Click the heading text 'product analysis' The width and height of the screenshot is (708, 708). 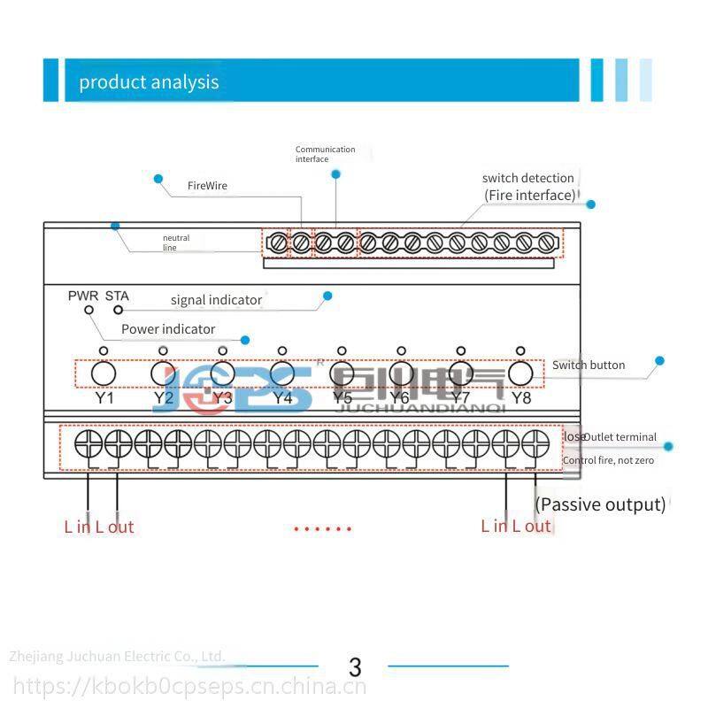pyautogui.click(x=149, y=82)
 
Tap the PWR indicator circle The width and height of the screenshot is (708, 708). pyautogui.click(x=88, y=310)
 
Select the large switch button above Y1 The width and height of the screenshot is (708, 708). pyautogui.click(x=104, y=373)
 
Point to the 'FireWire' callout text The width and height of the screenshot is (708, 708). pyautogui.click(x=207, y=186)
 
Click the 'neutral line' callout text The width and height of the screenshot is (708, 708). pyautogui.click(x=175, y=242)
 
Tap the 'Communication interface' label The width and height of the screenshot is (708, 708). pyautogui.click(x=325, y=154)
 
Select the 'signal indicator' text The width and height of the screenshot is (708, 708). pyautogui.click(x=216, y=300)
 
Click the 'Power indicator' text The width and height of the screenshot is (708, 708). pyautogui.click(x=168, y=329)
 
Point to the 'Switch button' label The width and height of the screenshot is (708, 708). pyautogui.click(x=589, y=365)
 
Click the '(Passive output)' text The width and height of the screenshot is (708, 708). pyautogui.click(x=600, y=504)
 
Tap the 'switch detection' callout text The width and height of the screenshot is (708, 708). pyautogui.click(x=528, y=178)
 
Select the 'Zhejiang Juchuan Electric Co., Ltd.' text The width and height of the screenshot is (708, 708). pyautogui.click(x=117, y=657)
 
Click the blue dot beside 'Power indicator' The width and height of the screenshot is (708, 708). pyautogui.click(x=245, y=340)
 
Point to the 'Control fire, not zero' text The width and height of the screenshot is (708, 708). pyautogui.click(x=608, y=460)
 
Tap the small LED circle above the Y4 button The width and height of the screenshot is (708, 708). pyautogui.click(x=282, y=351)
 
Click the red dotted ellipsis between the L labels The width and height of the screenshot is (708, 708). pyautogui.click(x=323, y=528)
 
